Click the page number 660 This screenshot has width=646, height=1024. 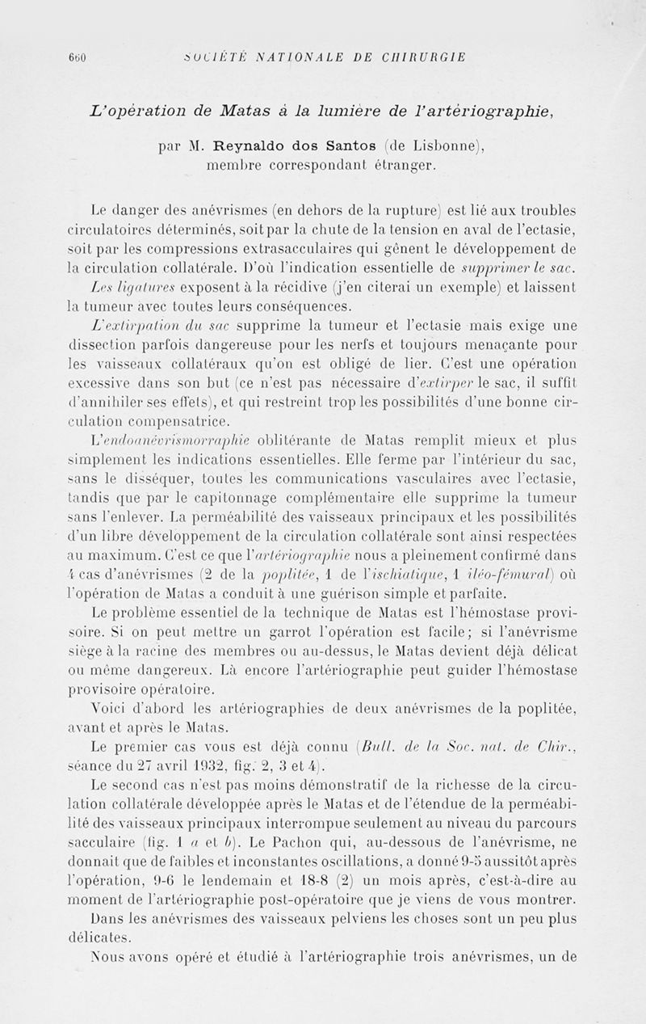(78, 57)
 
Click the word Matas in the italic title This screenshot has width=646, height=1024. (224, 110)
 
